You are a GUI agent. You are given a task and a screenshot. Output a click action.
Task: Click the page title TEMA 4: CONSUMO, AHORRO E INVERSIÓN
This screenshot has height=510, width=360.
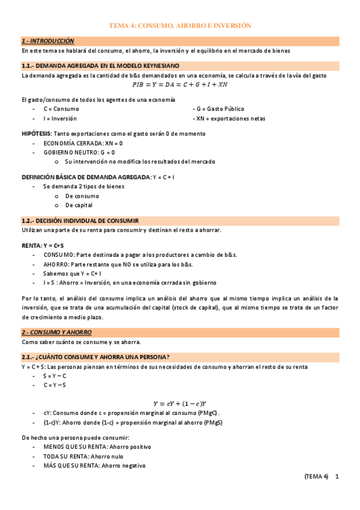coord(180,26)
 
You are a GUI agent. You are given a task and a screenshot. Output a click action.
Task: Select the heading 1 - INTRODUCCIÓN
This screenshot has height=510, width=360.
coord(47,41)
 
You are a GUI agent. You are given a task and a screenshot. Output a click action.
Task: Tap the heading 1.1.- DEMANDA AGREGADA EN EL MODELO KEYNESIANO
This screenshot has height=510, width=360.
coord(100,66)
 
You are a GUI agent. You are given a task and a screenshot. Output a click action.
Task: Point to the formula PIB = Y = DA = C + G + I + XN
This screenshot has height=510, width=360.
coord(180,85)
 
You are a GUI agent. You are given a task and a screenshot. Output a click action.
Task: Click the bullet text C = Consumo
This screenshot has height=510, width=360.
coord(61,109)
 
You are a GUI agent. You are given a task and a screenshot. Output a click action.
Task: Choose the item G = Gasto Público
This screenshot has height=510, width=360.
coord(218,109)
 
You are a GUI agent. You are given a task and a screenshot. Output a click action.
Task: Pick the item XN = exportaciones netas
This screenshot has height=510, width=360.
coord(222,118)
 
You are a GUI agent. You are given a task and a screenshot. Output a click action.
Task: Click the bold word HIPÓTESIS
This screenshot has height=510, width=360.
coord(36,133)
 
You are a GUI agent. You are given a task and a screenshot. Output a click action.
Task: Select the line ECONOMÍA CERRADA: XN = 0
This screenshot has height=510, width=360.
coord(83,143)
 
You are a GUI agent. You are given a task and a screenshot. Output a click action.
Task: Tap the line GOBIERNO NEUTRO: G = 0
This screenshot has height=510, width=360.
coord(79,152)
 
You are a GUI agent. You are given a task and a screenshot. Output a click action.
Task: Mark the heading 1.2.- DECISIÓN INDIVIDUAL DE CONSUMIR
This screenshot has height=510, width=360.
coord(80,221)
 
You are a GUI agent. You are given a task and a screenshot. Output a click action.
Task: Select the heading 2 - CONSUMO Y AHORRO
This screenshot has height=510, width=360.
coord(56,332)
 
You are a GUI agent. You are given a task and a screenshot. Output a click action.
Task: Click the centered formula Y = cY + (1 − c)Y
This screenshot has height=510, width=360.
coord(180,404)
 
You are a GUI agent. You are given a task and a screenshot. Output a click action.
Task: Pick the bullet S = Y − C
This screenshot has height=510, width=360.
coord(55,376)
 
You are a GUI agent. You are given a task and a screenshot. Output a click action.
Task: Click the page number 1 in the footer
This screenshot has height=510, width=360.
coord(337,477)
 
